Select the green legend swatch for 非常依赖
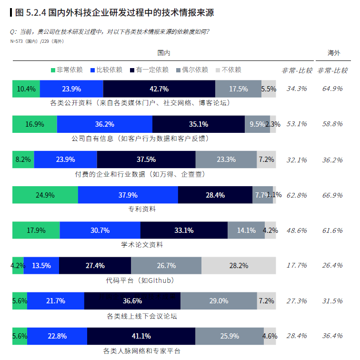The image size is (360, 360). coord(53,70)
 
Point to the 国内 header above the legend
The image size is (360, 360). coord(164,52)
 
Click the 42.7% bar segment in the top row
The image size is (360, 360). coord(159,89)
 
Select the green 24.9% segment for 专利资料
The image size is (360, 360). coord(45,195)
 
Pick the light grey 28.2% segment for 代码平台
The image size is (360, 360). coord(239,266)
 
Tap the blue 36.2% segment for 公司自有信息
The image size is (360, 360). coord(104,124)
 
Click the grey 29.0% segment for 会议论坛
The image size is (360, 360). coord(219,301)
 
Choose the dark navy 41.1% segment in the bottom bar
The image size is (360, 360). coord(141,336)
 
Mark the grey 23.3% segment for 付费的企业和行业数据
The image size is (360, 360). coord(226,160)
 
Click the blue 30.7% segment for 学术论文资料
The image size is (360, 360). coord(100,230)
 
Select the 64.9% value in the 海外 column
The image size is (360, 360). coord(332,89)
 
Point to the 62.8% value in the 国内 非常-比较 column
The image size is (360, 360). coord(297,195)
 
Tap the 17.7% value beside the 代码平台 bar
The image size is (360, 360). coord(297,266)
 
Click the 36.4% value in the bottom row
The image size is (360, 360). coord(332,336)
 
